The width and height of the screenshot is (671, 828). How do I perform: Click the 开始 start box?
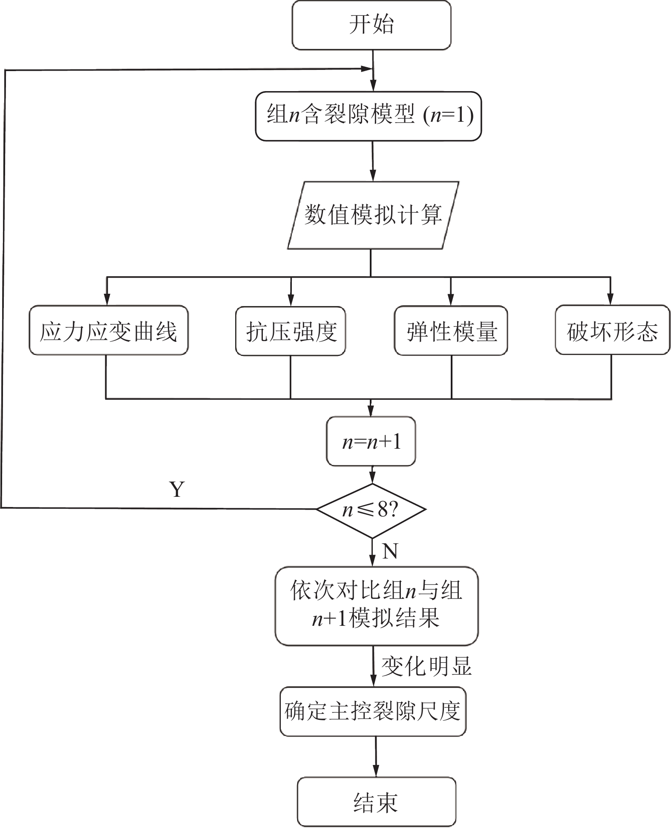tap(371, 25)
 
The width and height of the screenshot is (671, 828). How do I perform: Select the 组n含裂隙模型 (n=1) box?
tap(369, 116)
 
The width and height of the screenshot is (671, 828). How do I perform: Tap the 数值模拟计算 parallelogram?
tap(373, 215)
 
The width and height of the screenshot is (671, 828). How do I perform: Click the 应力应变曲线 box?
tap(108, 330)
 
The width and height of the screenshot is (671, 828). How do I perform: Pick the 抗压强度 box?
tap(291, 331)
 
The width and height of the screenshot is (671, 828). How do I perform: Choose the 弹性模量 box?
tap(451, 331)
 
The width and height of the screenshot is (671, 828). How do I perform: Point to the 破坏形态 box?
tap(612, 330)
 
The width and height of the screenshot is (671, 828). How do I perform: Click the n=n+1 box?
tap(371, 442)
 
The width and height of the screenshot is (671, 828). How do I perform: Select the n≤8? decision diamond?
tap(371, 510)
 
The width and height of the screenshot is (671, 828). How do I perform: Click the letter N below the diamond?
tap(390, 552)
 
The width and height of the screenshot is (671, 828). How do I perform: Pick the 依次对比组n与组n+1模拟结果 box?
tap(376, 605)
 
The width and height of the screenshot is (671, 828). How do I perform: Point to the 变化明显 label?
tap(426, 666)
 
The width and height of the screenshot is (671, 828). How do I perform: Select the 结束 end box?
tap(376, 802)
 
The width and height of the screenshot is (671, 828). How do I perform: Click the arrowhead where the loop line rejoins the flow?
tap(367, 69)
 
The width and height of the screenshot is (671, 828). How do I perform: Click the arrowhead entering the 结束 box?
tap(376, 771)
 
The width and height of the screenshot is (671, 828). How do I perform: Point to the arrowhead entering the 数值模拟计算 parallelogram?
tap(373, 176)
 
